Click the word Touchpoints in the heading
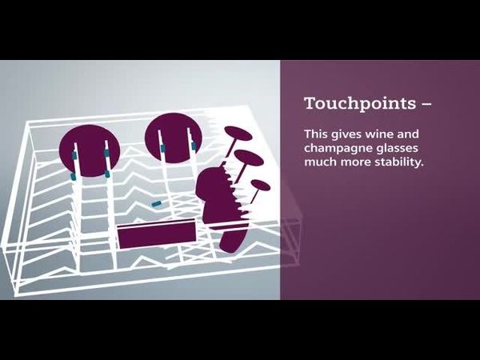point(360,103)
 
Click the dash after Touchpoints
point(426,104)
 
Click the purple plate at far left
point(90,150)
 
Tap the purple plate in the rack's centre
point(174,138)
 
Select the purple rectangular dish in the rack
point(157,234)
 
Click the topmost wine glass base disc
point(238,134)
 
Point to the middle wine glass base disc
point(249,158)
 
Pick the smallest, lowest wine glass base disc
point(261,186)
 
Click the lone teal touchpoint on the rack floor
point(157,203)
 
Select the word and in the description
point(408,134)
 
